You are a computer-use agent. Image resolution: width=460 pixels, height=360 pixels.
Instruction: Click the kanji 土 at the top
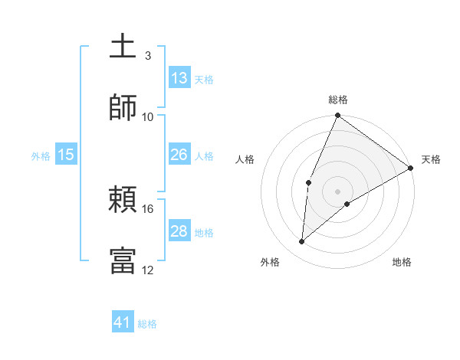click(x=123, y=47)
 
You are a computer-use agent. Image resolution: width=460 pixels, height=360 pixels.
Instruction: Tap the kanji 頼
click(x=123, y=201)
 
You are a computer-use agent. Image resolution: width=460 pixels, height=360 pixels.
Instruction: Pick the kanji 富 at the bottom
click(x=123, y=260)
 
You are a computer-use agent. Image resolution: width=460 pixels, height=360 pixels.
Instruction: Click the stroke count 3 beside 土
click(x=147, y=56)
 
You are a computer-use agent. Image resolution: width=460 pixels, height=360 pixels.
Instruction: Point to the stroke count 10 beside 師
click(x=148, y=116)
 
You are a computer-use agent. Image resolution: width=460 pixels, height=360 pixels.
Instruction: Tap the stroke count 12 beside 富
click(x=148, y=270)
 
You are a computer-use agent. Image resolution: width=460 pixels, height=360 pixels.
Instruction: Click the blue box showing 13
click(x=179, y=77)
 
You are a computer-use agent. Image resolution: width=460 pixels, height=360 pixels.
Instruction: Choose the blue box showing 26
click(x=179, y=155)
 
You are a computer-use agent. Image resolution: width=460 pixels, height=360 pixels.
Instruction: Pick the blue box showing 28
click(x=179, y=231)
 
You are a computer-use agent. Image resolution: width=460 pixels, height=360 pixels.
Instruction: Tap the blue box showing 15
click(x=66, y=155)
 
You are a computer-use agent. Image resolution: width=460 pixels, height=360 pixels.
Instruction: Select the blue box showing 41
click(x=123, y=322)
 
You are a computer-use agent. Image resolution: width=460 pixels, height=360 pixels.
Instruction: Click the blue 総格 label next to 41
click(x=147, y=324)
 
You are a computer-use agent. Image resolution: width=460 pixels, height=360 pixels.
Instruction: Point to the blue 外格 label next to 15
click(x=41, y=156)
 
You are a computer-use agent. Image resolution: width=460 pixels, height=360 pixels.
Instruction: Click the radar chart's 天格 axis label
click(x=431, y=159)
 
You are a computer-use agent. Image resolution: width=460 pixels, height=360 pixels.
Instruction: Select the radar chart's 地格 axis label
click(x=402, y=262)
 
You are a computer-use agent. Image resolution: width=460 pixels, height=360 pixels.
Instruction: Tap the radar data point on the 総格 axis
click(x=337, y=116)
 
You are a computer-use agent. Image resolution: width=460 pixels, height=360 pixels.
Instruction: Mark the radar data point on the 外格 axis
click(x=302, y=242)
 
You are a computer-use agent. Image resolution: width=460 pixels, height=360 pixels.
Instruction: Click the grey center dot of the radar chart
click(x=337, y=191)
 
